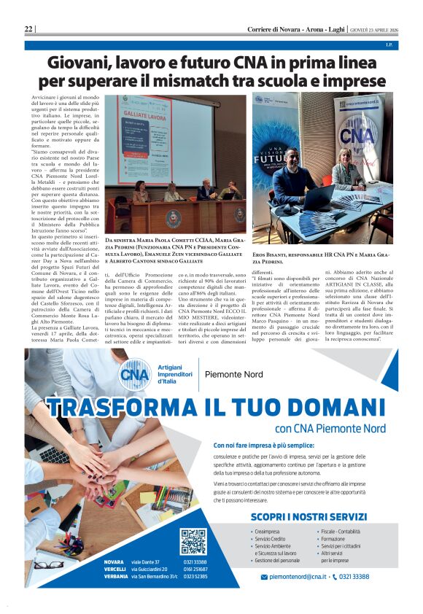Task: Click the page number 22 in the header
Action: click(x=28, y=28)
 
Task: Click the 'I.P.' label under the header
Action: click(x=389, y=45)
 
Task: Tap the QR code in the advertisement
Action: click(x=193, y=542)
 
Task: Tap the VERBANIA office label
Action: click(x=117, y=576)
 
